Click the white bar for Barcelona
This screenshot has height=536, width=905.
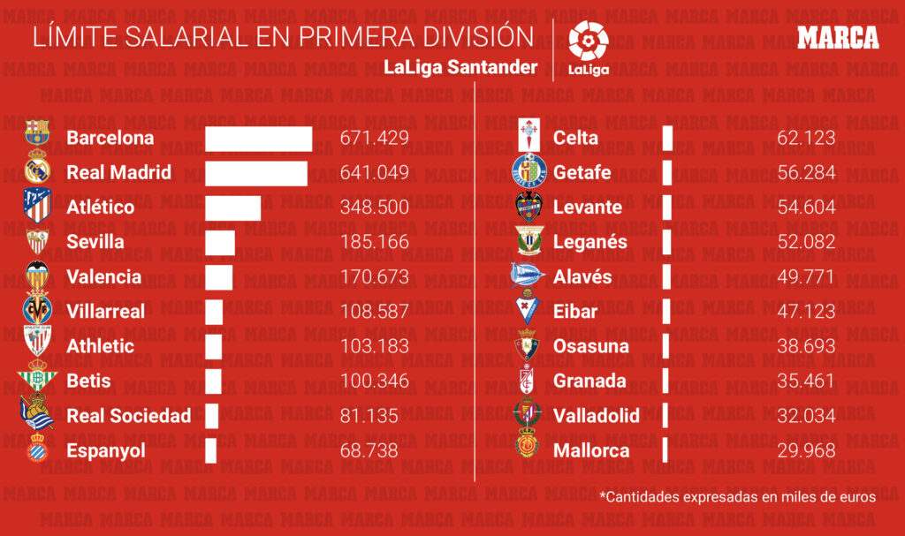[x=259, y=139]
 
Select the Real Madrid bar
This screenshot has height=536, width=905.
[x=256, y=173]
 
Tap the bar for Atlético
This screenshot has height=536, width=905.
[x=233, y=208]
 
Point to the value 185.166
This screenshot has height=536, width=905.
[x=375, y=242]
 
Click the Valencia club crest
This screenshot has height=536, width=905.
[x=37, y=276]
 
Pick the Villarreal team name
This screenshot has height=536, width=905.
[x=106, y=312]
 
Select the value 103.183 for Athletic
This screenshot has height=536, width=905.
[x=375, y=346]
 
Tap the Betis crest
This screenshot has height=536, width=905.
[x=37, y=381]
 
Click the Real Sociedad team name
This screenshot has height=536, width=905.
[x=129, y=416]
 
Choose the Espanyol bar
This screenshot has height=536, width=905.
[x=211, y=450]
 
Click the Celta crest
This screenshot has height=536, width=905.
[x=530, y=138]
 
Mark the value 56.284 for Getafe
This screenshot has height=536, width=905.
[x=806, y=173]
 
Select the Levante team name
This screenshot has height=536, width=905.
[x=588, y=208]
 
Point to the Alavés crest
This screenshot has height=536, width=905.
[x=530, y=276]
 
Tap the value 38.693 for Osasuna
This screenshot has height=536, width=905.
[x=806, y=346]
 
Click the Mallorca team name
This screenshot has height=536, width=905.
[x=591, y=450]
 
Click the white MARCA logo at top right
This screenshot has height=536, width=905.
[x=838, y=38]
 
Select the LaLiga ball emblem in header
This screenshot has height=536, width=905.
[x=588, y=40]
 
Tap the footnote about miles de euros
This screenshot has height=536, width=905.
[x=737, y=497]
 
